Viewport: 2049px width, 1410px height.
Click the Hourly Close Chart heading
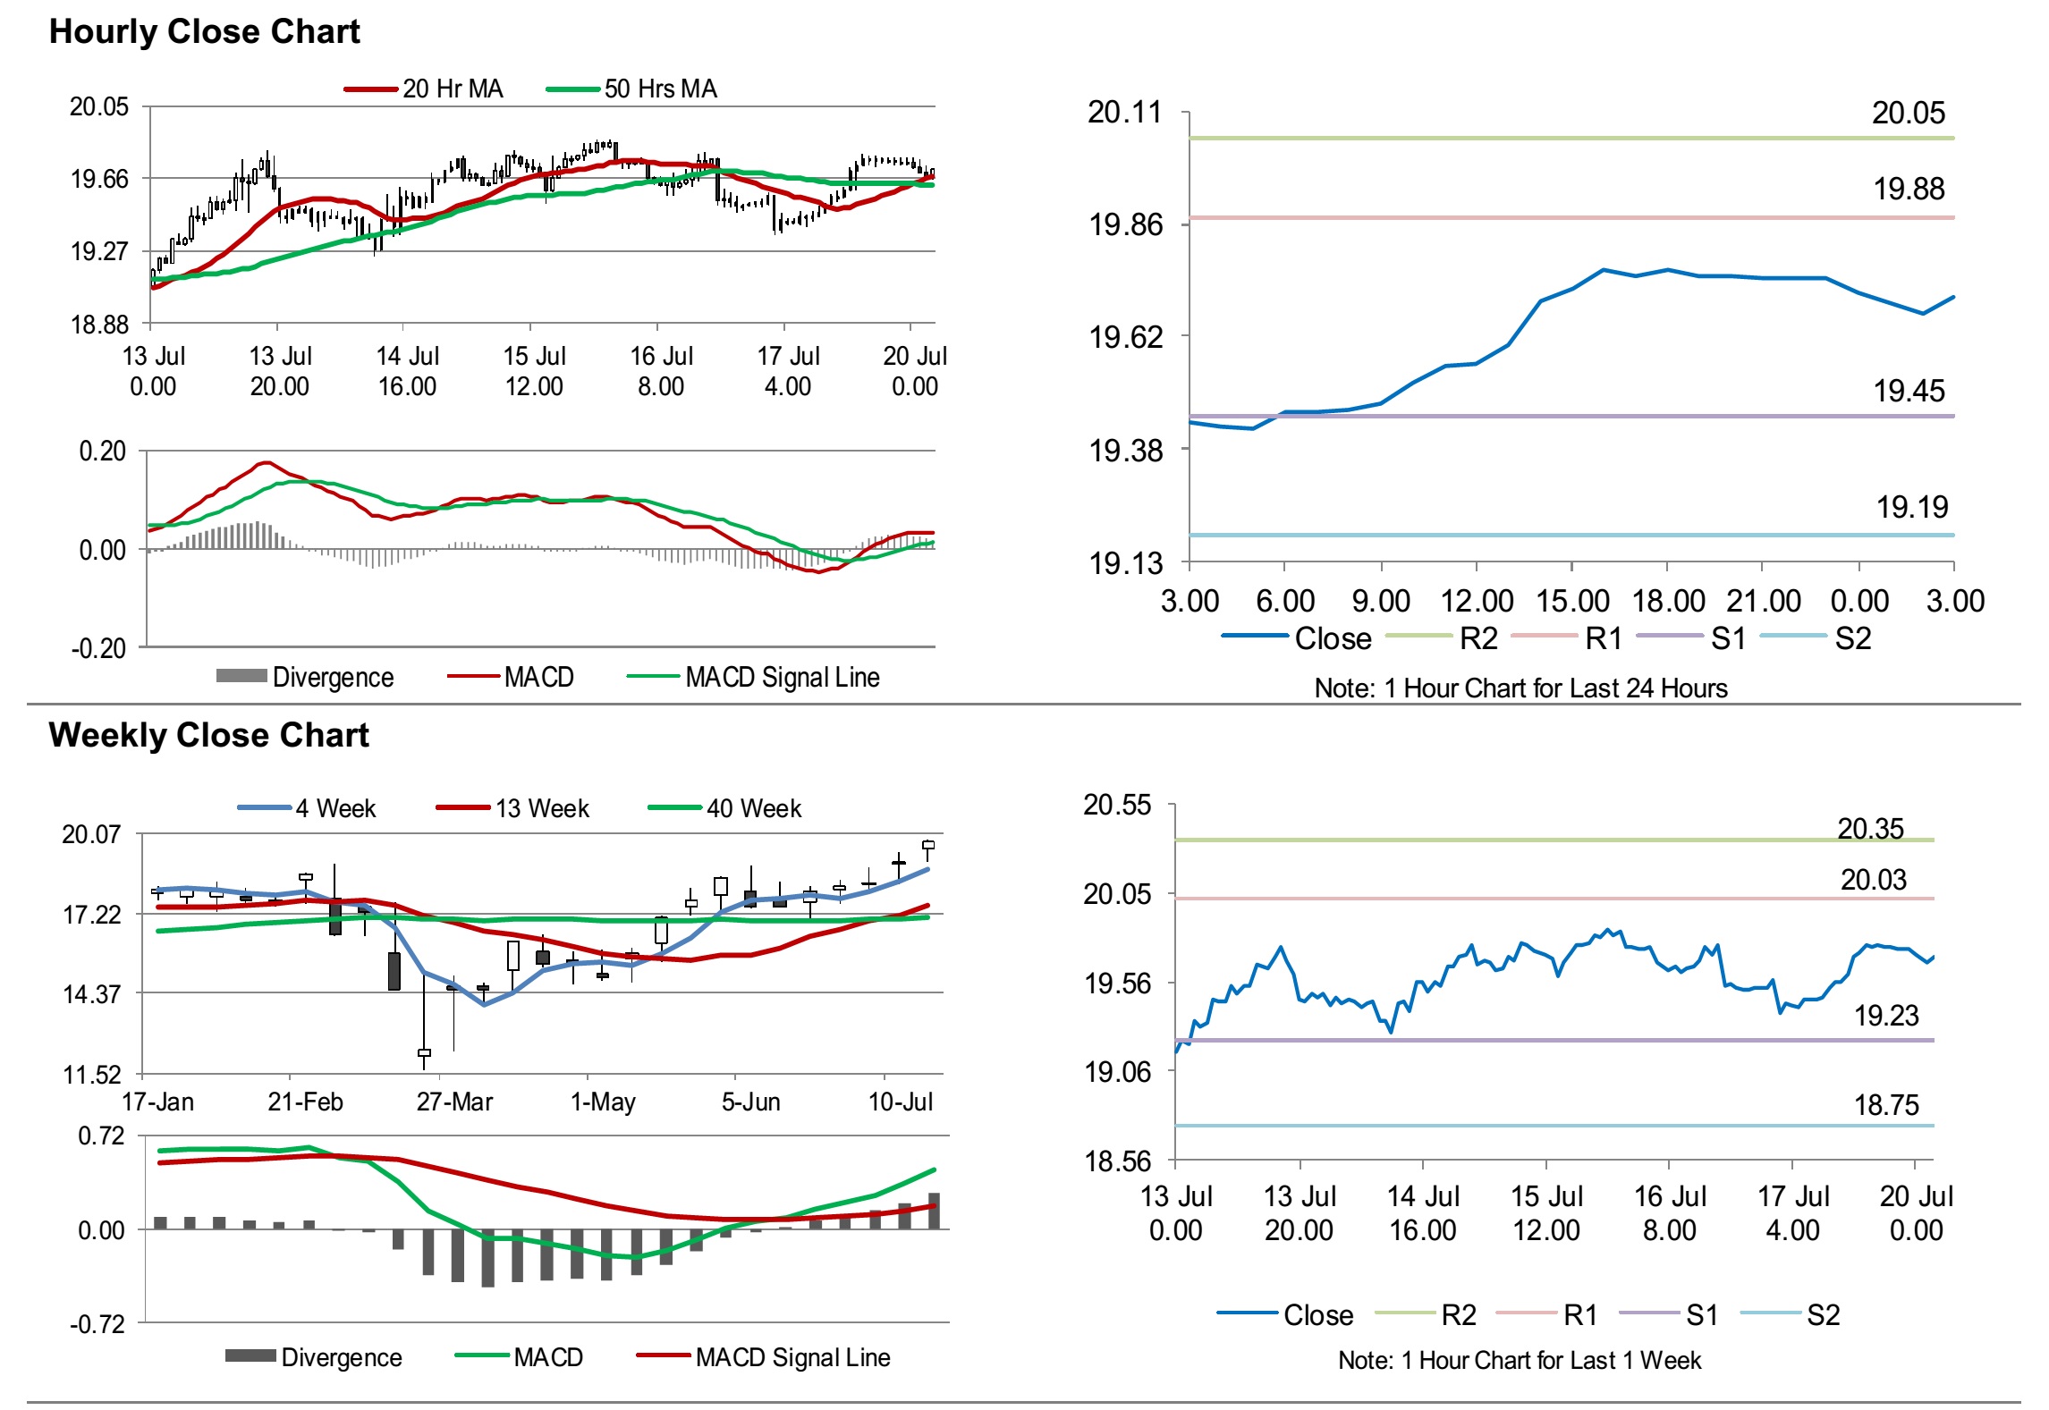pyautogui.click(x=204, y=32)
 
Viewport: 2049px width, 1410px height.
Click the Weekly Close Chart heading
pyautogui.click(x=208, y=736)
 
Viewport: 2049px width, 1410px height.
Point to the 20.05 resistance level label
pyautogui.click(x=1908, y=114)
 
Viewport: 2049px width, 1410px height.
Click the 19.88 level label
pyautogui.click(x=1909, y=190)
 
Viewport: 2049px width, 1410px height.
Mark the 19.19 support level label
pyautogui.click(x=1911, y=508)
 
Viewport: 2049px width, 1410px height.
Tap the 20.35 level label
pyautogui.click(x=1870, y=830)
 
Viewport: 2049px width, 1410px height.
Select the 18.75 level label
pyautogui.click(x=1886, y=1106)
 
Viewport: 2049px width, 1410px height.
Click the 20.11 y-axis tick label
pyautogui.click(x=1124, y=113)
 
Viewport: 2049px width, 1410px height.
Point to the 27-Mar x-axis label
pyautogui.click(x=454, y=1102)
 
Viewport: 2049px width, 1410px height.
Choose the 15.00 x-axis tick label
pyautogui.click(x=1572, y=602)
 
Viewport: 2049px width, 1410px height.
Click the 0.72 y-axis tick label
pyautogui.click(x=101, y=1136)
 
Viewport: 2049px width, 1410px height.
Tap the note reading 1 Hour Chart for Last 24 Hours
pyautogui.click(x=1520, y=688)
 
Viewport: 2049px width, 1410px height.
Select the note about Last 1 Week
pyautogui.click(x=1520, y=1361)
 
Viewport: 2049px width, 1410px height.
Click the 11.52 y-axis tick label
pyautogui.click(x=91, y=1075)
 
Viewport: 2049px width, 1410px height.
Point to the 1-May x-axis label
pyautogui.click(x=603, y=1102)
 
